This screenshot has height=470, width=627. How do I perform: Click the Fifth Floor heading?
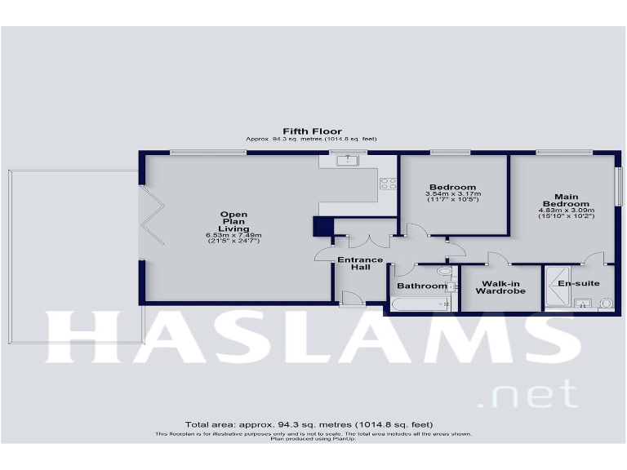(x=312, y=131)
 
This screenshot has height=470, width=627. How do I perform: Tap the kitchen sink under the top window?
(x=349, y=161)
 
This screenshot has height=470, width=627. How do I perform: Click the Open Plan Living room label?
(x=233, y=222)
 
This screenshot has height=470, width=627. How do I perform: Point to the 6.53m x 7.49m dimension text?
(x=233, y=236)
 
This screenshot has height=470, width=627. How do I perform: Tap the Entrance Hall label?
(x=360, y=264)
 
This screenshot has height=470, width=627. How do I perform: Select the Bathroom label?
(x=422, y=286)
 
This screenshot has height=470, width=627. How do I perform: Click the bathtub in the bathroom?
(x=421, y=305)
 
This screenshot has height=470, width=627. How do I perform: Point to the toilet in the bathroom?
(x=444, y=272)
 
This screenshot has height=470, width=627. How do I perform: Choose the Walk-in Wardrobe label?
(x=500, y=286)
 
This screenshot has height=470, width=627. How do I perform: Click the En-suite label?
(x=579, y=283)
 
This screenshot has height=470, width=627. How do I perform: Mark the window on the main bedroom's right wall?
(x=618, y=193)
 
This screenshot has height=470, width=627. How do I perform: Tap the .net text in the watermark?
(x=531, y=395)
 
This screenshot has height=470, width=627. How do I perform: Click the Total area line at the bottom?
(x=309, y=425)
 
